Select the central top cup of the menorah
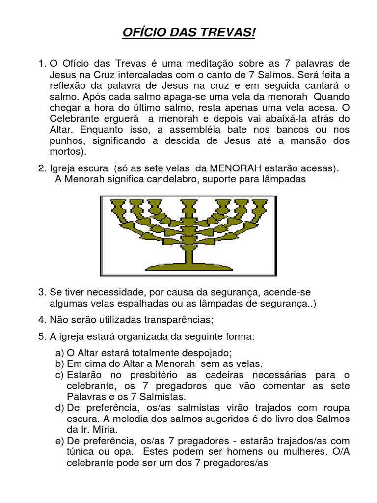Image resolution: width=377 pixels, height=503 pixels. pyautogui.click(x=188, y=203)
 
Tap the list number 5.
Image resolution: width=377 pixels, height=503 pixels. pyautogui.click(x=41, y=337)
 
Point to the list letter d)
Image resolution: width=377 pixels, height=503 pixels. pyautogui.click(x=59, y=407)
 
